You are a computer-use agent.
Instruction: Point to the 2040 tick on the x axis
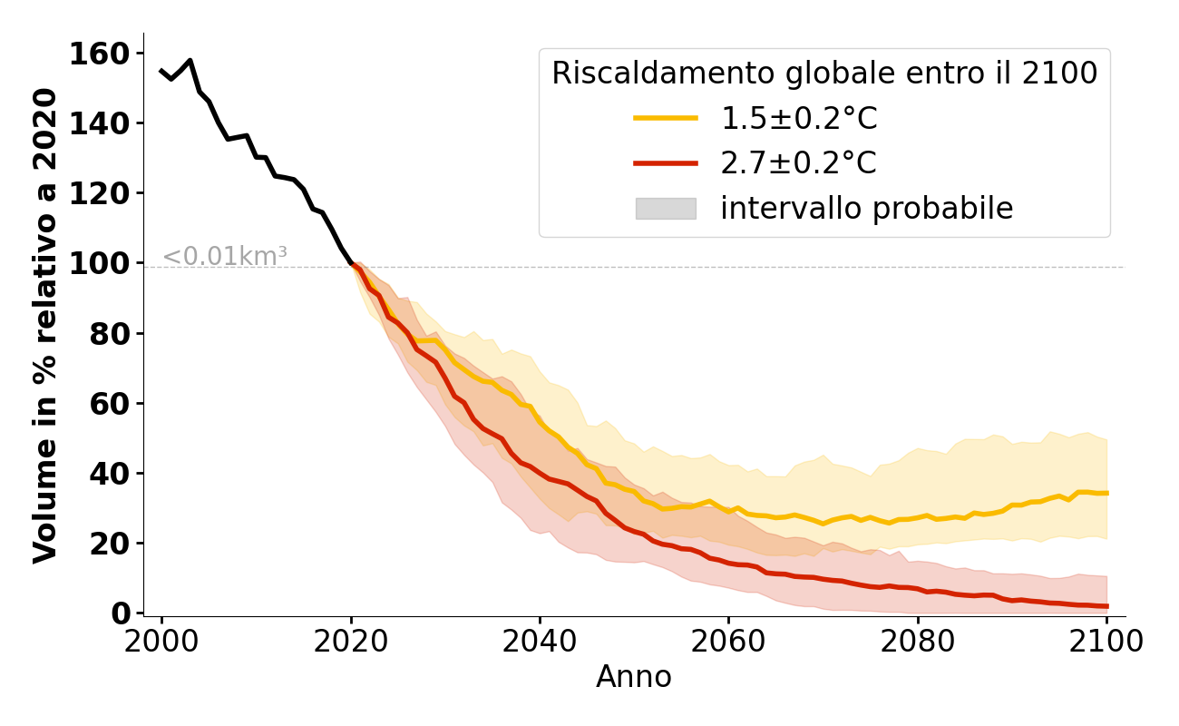tap(540, 618)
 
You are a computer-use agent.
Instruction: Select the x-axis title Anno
tap(633, 677)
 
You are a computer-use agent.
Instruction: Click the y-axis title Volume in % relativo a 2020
tap(45, 325)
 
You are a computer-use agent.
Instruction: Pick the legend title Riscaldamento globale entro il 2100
tap(824, 74)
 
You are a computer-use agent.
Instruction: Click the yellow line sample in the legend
tap(665, 118)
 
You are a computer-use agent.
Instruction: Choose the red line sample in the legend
tap(665, 163)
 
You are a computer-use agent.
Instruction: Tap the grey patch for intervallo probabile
tap(665, 209)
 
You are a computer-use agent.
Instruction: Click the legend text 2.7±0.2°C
tap(798, 163)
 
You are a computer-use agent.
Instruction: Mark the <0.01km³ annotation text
tap(225, 257)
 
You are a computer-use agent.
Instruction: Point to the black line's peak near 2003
tap(190, 61)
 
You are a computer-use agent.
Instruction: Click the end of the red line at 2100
tap(1106, 606)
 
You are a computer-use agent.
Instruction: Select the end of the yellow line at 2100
tap(1106, 493)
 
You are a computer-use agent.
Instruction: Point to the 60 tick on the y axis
tap(143, 404)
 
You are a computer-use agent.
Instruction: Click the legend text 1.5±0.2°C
tap(798, 118)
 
